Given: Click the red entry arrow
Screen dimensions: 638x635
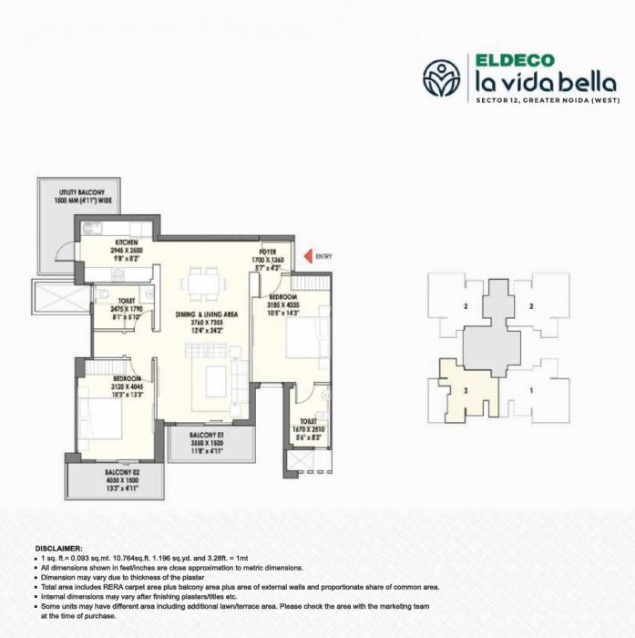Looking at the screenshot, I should pos(308,257).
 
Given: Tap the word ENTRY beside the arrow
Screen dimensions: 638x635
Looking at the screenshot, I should pos(324,257).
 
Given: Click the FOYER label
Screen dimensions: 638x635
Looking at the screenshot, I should pos(268,251).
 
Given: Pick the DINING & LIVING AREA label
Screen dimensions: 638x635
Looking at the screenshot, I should pos(207,314).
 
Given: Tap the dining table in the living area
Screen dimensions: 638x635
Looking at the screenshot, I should pos(200,283).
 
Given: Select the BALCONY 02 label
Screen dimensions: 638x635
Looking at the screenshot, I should pos(114,471).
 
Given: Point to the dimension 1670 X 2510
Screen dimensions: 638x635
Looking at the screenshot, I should pos(308,428).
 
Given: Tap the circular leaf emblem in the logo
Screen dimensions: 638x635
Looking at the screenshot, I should pos(442,78).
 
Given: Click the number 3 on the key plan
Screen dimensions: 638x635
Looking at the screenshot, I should pos(466,389).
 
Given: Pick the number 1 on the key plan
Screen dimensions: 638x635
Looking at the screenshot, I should pos(531,389).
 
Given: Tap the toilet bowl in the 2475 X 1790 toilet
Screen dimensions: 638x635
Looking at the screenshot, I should pos(106,295).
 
